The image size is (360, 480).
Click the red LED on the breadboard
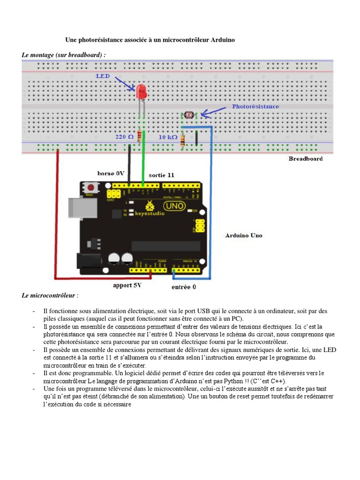tap(141, 91)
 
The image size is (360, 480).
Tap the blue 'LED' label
tap(103, 76)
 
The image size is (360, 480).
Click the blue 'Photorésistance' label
tap(255, 106)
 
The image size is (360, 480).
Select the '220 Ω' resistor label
tap(125, 137)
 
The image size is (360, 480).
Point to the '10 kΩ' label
tap(168, 137)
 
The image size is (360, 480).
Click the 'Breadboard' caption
tap(305, 159)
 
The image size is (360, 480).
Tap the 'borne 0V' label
tap(111, 173)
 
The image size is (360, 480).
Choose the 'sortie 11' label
tap(161, 175)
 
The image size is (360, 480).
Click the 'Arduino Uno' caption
tap(243, 235)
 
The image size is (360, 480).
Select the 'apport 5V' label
tap(127, 285)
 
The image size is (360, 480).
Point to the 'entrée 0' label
tap(184, 287)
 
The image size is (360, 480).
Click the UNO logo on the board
tap(174, 206)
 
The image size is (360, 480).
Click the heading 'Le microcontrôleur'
tap(48, 296)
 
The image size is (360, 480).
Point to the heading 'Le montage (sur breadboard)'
tap(64, 55)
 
